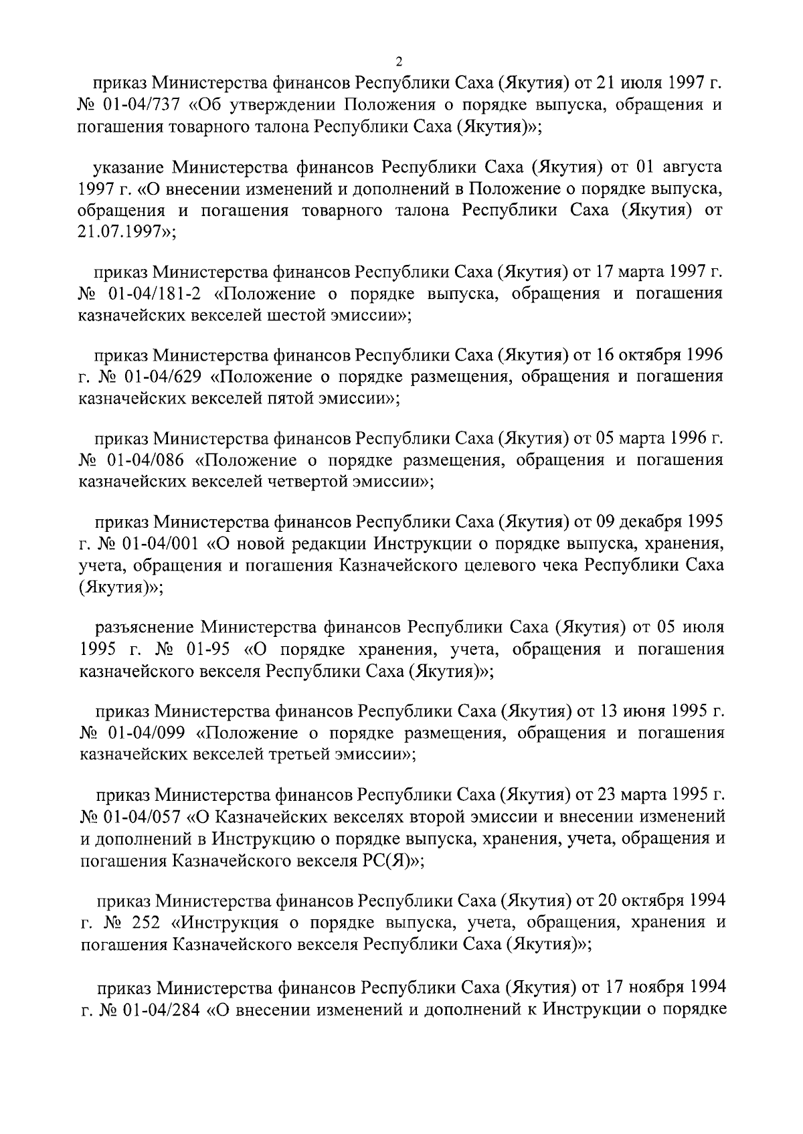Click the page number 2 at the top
click(x=399, y=62)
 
